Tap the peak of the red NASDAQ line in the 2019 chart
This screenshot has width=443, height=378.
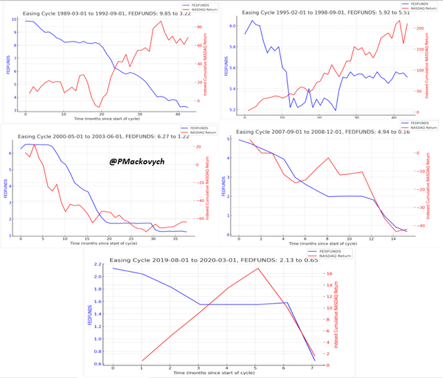pos(257,268)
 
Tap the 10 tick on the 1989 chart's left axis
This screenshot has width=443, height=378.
pos(15,19)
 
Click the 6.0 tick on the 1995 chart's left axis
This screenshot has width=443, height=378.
pos(233,26)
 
